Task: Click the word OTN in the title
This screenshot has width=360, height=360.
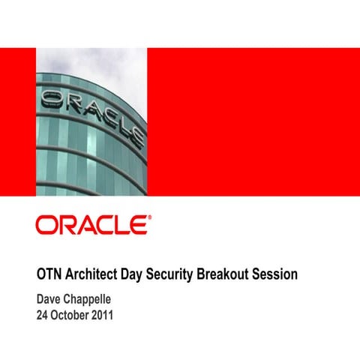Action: (x=50, y=274)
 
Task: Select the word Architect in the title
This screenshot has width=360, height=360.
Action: (x=96, y=274)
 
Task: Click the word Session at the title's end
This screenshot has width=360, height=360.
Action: (x=276, y=274)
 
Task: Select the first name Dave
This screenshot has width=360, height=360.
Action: (x=49, y=300)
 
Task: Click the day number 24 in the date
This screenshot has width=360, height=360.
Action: (x=43, y=315)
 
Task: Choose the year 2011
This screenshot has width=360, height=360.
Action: (x=103, y=315)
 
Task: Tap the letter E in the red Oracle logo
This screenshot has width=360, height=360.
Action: (x=137, y=226)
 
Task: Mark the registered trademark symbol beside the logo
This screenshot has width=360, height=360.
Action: (x=148, y=219)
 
